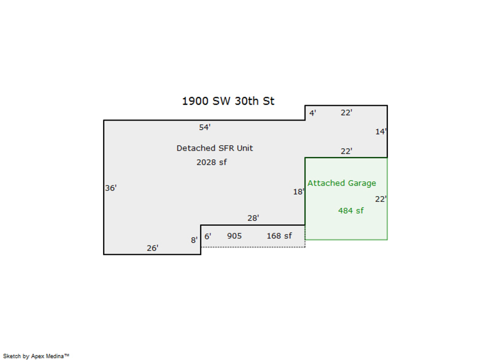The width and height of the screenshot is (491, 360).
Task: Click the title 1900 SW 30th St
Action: [x=228, y=101]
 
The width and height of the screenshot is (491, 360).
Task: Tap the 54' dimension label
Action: [x=205, y=128]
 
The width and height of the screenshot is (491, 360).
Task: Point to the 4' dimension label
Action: [x=313, y=113]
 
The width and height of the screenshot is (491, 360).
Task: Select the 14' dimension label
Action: [x=381, y=131]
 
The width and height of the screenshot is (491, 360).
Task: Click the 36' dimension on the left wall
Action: [x=111, y=188]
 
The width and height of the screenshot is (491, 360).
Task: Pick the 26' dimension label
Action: [x=153, y=248]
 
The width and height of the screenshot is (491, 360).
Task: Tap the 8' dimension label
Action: [x=194, y=240]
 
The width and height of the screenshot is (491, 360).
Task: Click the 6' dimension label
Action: [x=208, y=236]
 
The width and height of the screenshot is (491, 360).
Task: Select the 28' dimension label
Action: [x=253, y=218]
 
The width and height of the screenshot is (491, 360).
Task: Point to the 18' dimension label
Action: [x=299, y=191]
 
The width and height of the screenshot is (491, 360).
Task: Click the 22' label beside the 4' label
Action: [x=346, y=113]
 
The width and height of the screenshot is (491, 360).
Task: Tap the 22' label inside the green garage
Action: [x=381, y=199]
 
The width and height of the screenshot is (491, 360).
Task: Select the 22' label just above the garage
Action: [x=346, y=151]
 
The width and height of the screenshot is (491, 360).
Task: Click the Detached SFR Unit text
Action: [x=214, y=148]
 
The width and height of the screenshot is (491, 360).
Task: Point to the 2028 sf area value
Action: [x=212, y=162]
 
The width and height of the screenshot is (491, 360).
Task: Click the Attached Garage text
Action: [x=342, y=183]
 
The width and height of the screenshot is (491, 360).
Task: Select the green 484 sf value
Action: [x=351, y=211]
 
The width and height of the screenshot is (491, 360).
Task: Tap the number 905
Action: [x=234, y=236]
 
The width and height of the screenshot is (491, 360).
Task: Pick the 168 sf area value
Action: [x=279, y=236]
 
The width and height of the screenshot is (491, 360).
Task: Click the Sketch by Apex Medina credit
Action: [x=36, y=356]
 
